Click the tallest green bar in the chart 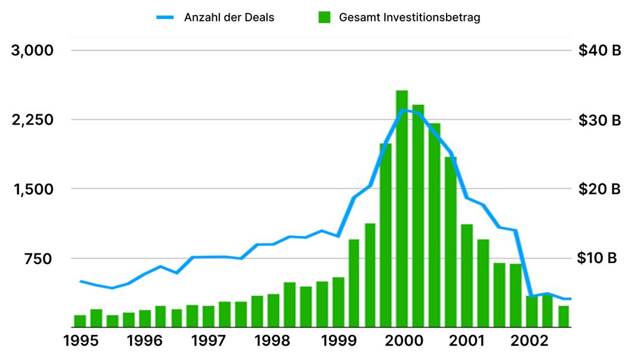click(402, 209)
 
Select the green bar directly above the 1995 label click(80, 321)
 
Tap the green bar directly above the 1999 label click(338, 302)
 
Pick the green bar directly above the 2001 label click(467, 275)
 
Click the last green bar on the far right click(563, 316)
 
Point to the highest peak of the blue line click(403, 110)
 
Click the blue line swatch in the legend click(165, 17)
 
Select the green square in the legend click(324, 17)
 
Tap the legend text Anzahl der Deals click(229, 17)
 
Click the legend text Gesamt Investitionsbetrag click(410, 17)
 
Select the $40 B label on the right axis click(599, 51)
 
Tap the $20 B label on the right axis click(599, 189)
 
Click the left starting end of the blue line click(80, 281)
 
